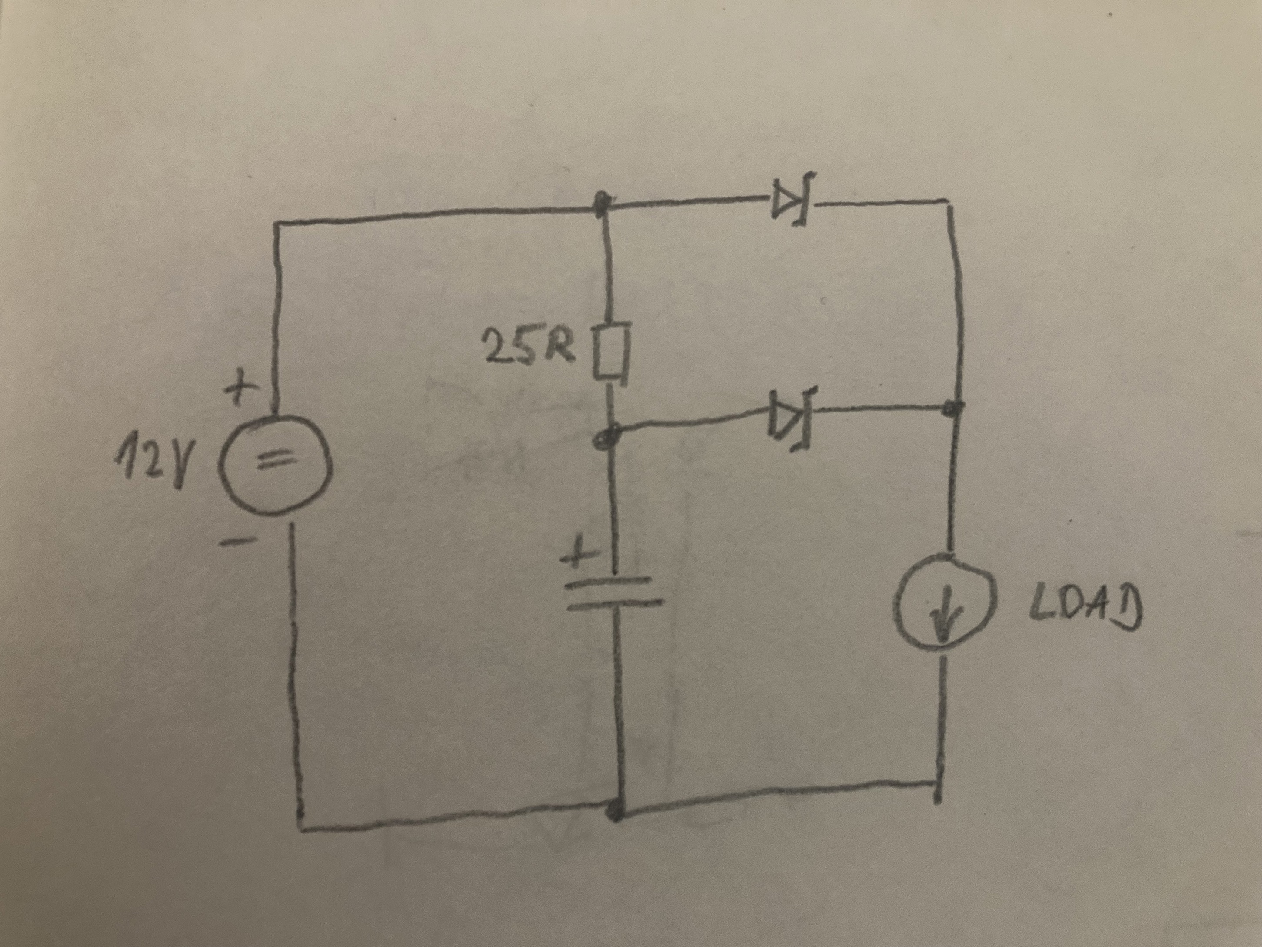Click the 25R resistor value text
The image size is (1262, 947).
pyautogui.click(x=526, y=349)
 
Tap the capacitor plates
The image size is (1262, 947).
pyautogui.click(x=614, y=592)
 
